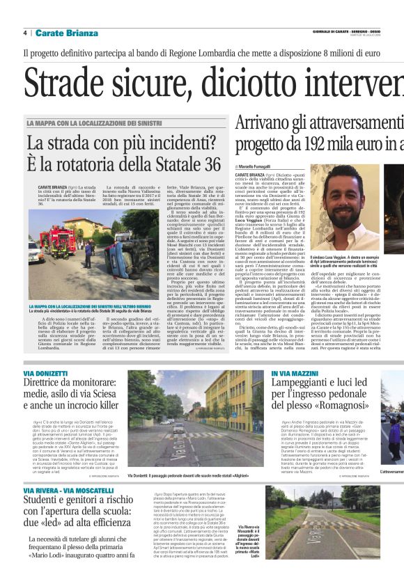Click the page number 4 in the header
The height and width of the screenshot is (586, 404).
pos(25,33)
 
